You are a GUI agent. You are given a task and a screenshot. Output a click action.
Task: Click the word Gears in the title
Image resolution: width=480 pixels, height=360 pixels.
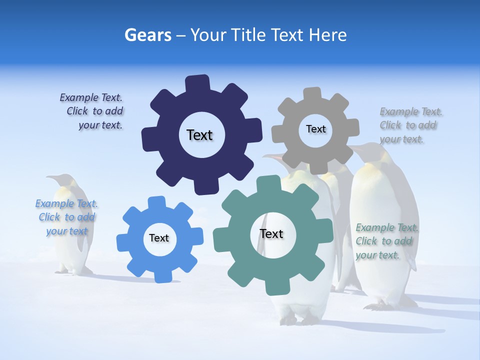[x=147, y=35]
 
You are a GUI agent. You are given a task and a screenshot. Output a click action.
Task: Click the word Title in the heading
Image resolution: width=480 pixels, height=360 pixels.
[x=247, y=35]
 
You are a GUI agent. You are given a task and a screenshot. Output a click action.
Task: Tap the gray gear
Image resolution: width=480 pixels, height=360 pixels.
[x=290, y=150]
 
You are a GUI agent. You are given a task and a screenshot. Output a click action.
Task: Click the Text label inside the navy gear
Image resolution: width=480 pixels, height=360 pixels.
[x=199, y=135]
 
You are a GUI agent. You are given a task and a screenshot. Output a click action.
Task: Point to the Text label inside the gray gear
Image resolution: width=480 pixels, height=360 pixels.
[x=315, y=129]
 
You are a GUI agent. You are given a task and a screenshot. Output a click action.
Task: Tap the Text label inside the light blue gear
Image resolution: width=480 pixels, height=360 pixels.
[x=159, y=238]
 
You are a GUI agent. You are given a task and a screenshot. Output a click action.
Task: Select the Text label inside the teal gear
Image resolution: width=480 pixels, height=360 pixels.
[x=271, y=233]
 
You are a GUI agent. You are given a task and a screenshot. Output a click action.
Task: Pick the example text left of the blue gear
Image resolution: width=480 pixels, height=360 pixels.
[x=66, y=217]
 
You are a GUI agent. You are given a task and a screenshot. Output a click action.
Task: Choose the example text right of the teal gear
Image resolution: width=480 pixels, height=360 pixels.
[x=386, y=241]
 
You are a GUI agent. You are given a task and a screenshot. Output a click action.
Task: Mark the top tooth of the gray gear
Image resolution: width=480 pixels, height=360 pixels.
[x=312, y=94]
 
